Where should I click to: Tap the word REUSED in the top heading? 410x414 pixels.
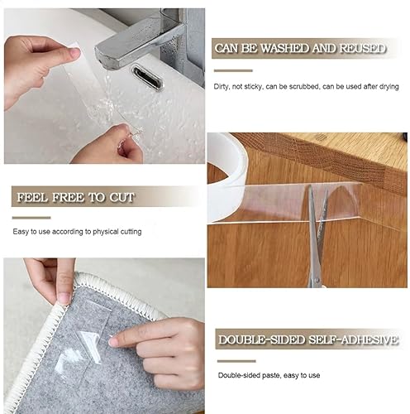[x=361, y=49]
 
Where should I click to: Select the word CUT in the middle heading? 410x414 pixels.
[x=120, y=198]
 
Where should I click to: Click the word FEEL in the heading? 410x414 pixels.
[x=31, y=198]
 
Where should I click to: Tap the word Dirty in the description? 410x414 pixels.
[x=222, y=85]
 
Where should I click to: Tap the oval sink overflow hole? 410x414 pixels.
[x=147, y=78]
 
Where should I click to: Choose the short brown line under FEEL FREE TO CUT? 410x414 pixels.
[x=26, y=217]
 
